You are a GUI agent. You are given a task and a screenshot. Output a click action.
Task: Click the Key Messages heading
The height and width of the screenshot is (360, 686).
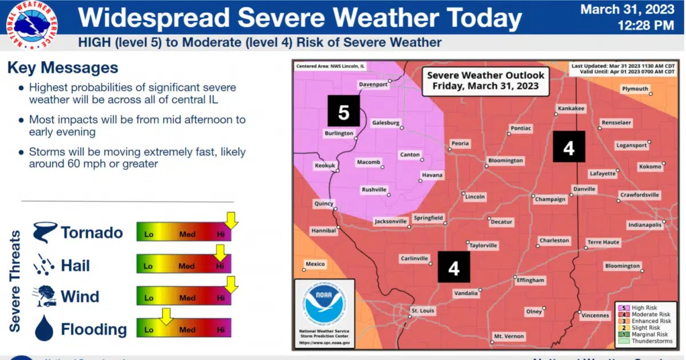63,68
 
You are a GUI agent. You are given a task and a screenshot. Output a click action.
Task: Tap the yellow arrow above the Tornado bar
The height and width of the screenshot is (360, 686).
231,219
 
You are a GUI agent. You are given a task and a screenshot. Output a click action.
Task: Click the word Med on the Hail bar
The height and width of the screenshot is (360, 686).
186,266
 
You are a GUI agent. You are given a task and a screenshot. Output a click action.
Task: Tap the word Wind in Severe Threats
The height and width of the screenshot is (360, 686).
80,297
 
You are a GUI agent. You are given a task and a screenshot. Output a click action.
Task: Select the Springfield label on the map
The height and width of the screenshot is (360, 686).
428,218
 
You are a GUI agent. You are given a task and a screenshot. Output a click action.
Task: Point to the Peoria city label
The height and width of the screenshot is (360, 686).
460,143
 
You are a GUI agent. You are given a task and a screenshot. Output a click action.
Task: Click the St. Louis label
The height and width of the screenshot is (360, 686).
422,311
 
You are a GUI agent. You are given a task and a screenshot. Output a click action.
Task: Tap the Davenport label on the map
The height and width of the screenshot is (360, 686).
373,85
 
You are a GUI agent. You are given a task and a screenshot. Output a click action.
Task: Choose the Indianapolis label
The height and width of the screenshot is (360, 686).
644,225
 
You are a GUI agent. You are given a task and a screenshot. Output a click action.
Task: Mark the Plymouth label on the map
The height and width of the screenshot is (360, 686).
635,89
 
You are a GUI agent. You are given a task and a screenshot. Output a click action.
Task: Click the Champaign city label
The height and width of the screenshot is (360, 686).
550,199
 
